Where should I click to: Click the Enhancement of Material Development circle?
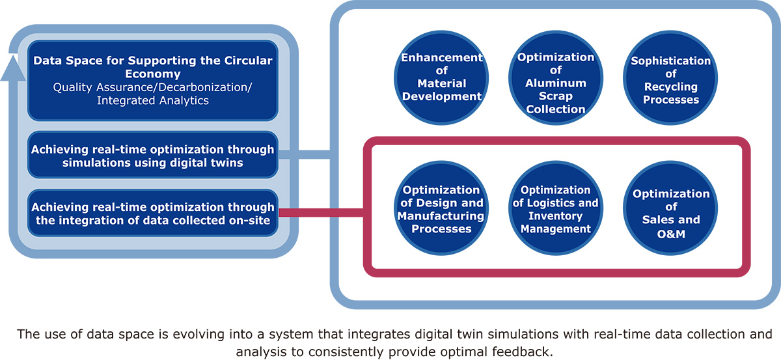(x=441, y=77)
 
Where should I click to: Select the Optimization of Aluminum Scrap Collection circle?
(x=556, y=77)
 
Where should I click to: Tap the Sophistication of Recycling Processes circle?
(x=670, y=77)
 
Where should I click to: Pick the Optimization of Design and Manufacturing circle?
(x=441, y=208)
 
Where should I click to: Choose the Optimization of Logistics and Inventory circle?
(x=556, y=208)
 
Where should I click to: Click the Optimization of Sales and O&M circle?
(x=670, y=208)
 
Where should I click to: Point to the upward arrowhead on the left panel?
(x=13, y=68)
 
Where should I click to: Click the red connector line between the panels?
(x=321, y=212)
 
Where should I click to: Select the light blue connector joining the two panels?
(x=305, y=154)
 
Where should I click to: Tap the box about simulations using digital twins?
(x=153, y=155)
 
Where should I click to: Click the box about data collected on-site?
(x=153, y=213)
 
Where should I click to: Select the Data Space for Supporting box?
(x=153, y=81)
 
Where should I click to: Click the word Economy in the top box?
(x=153, y=74)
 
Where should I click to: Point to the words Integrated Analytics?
(x=153, y=100)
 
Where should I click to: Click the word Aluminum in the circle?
(x=556, y=83)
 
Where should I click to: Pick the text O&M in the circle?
(x=671, y=234)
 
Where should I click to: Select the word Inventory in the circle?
(x=556, y=216)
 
